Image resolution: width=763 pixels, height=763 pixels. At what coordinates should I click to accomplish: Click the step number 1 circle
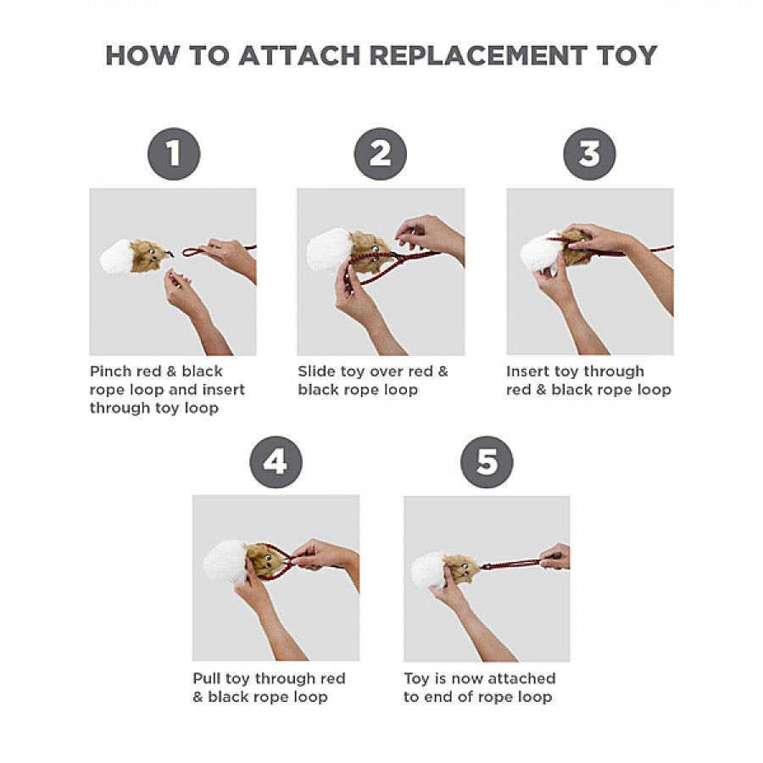point(174,153)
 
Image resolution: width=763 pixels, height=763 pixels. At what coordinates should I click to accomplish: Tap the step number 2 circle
point(380,153)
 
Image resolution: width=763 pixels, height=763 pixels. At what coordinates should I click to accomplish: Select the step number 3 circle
point(589,153)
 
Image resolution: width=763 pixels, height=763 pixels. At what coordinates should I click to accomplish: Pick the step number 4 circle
point(276,462)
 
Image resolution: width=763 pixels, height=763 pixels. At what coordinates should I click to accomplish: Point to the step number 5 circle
point(487,462)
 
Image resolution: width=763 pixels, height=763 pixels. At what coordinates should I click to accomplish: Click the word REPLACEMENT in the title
point(478,55)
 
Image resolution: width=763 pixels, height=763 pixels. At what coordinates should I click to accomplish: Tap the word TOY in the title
point(627,55)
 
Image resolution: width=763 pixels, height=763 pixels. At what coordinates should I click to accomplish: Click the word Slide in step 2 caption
point(317,371)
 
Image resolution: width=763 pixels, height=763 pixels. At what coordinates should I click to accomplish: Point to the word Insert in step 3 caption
point(527,371)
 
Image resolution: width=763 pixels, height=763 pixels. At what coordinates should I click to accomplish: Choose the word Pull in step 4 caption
point(207,678)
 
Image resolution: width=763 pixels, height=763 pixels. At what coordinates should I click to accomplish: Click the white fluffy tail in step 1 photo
point(115,256)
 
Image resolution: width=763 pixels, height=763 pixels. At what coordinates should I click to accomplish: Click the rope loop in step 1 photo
point(195,252)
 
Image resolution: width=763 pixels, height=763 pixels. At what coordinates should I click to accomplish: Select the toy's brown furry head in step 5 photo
point(461,569)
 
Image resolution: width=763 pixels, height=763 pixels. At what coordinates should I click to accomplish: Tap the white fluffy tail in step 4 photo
point(225,562)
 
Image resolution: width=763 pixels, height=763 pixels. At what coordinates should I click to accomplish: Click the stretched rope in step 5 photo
point(512,564)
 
